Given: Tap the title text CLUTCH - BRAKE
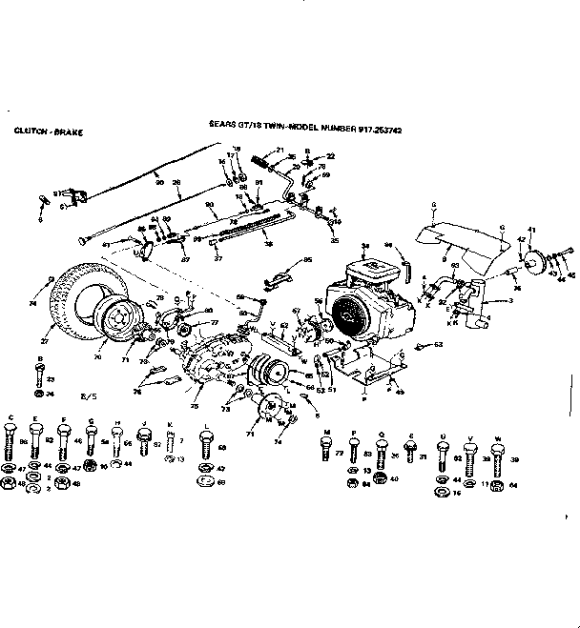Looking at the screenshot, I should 48,131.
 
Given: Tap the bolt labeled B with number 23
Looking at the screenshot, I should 37,375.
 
